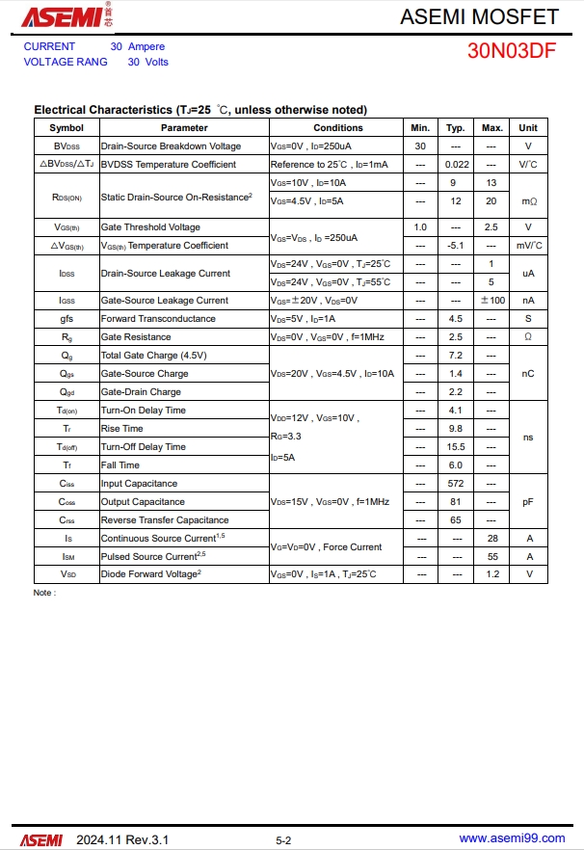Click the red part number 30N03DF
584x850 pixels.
coord(512,52)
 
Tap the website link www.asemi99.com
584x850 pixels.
coord(512,839)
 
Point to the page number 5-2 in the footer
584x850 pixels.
coord(283,840)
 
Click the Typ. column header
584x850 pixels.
coord(456,127)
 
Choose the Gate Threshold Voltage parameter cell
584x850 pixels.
coord(150,227)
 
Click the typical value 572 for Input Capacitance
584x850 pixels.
coord(456,484)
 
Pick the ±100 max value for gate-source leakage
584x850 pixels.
coord(491,301)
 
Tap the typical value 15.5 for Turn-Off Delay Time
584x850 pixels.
coord(456,447)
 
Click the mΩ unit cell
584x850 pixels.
coord(528,201)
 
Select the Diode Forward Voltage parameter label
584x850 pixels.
coord(151,574)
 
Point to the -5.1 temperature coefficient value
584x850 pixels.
coord(456,246)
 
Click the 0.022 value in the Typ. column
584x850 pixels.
coord(456,165)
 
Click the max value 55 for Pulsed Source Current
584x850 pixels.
coord(491,557)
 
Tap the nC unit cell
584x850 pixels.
coord(528,374)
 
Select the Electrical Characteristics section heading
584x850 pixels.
coord(200,110)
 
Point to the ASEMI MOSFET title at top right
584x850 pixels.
coord(479,16)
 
